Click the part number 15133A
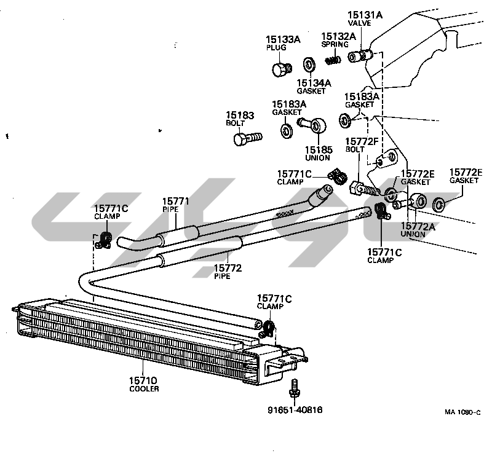pyautogui.click(x=283, y=39)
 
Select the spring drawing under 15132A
pyautogui.click(x=333, y=59)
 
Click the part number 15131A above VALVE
pyautogui.click(x=365, y=14)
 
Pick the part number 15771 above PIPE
pyautogui.click(x=175, y=202)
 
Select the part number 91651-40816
pyautogui.click(x=295, y=409)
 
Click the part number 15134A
pyautogui.click(x=314, y=82)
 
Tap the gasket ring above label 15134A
pyautogui.click(x=309, y=64)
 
